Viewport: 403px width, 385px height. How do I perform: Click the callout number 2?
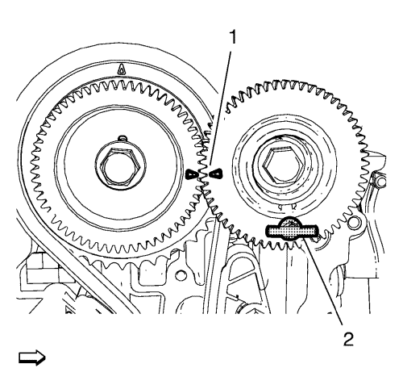point(348,339)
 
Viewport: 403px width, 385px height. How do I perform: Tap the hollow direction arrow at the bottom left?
point(32,358)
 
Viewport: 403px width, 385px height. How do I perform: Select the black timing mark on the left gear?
point(192,174)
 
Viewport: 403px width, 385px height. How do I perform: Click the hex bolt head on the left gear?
point(120,167)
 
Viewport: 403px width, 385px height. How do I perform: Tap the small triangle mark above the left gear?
point(122,69)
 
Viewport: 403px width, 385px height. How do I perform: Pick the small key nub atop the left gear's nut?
point(123,137)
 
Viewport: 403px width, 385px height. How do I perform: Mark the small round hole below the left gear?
point(181,274)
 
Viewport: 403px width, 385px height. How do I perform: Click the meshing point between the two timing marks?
point(204,174)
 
